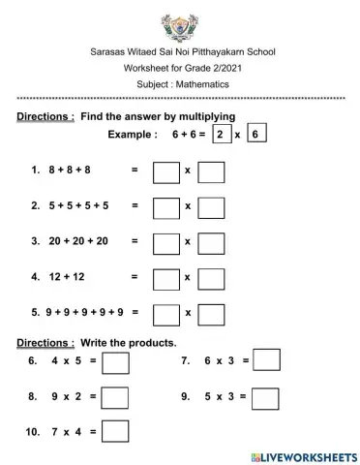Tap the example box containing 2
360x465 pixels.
(x=222, y=135)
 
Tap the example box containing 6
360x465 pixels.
(x=255, y=135)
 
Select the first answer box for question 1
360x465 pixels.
(x=166, y=172)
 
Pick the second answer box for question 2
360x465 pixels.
(x=210, y=207)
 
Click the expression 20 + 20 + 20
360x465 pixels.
(x=78, y=241)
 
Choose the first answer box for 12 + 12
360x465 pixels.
(x=166, y=277)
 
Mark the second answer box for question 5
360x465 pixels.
(x=210, y=312)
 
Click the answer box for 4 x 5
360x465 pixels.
(x=116, y=362)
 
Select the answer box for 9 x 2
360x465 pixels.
(x=116, y=397)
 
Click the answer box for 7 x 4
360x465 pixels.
(x=116, y=431)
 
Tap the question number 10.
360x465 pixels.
(x=32, y=431)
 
